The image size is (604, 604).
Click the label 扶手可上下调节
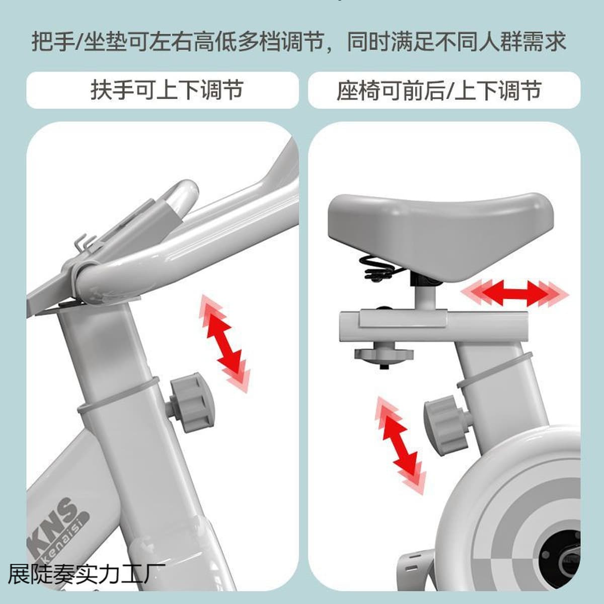pyautogui.click(x=167, y=90)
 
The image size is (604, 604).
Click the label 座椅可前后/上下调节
pyautogui.click(x=439, y=90)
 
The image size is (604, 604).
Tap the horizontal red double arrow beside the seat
pyautogui.click(x=515, y=293)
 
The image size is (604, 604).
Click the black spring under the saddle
pyautogui.click(x=379, y=268)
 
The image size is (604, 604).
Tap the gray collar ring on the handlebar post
pyautogui.click(x=118, y=397)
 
